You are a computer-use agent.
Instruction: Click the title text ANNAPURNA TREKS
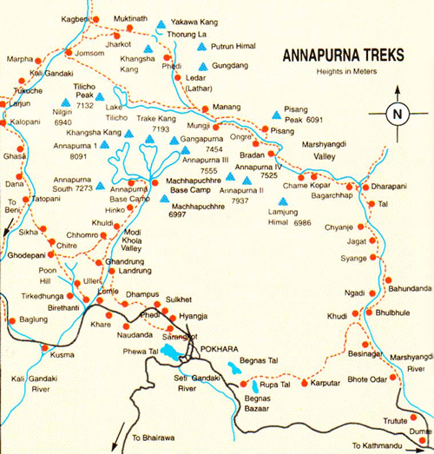342,56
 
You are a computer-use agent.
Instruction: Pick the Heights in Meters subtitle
344,71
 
